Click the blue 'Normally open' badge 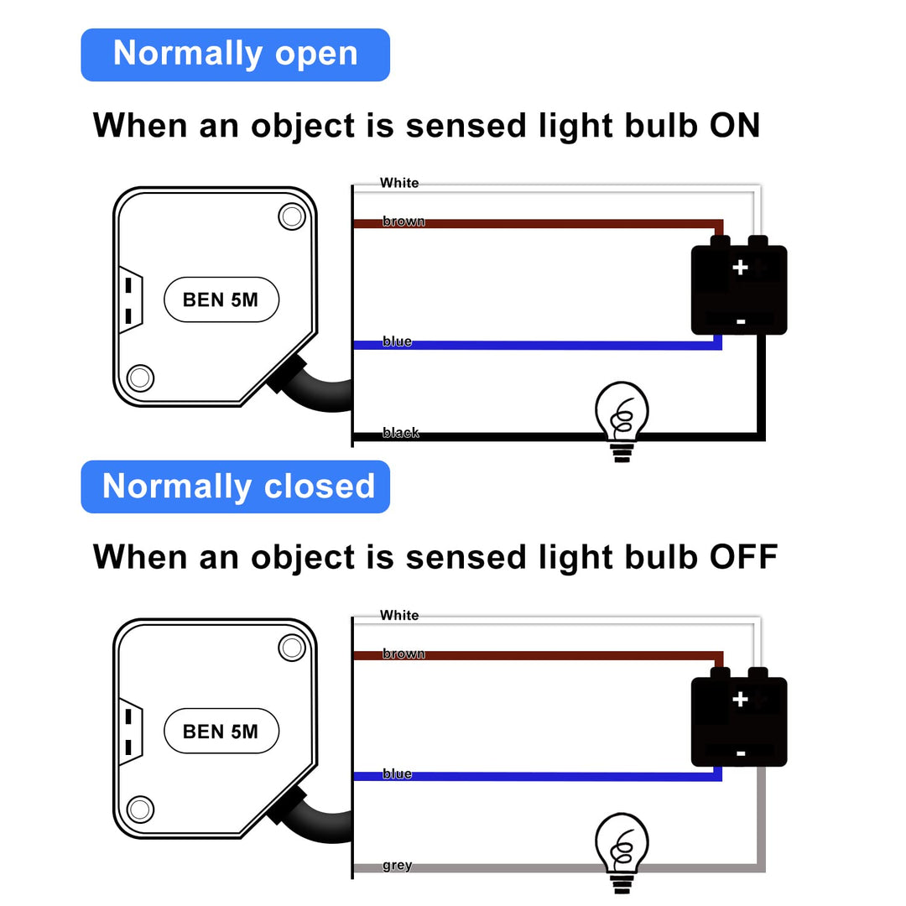[x=235, y=55]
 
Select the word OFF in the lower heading [x=743, y=557]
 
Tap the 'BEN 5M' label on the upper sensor [x=221, y=299]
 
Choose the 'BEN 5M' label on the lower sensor [x=221, y=732]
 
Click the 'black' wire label [x=400, y=433]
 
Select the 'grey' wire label [x=397, y=865]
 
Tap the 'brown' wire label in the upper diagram [x=404, y=221]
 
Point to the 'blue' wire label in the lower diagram [x=397, y=773]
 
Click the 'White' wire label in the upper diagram [x=399, y=183]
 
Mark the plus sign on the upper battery [x=740, y=268]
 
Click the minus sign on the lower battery [x=740, y=753]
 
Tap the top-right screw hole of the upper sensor [x=291, y=216]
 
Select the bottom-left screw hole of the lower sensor [x=140, y=809]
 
